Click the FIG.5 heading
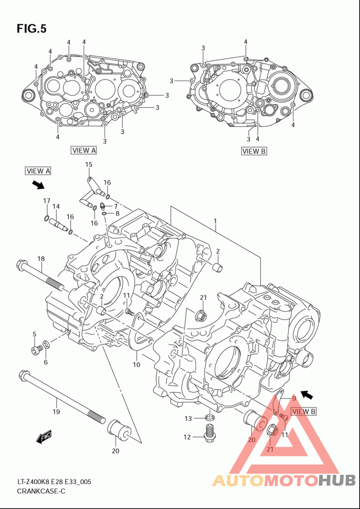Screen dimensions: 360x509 click(x=31, y=29)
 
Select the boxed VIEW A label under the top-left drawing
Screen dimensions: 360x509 click(x=84, y=150)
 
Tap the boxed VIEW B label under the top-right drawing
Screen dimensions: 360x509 click(x=254, y=151)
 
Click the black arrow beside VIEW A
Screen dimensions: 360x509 click(x=38, y=185)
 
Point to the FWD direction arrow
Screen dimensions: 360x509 click(x=44, y=437)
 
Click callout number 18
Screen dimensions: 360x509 click(x=41, y=259)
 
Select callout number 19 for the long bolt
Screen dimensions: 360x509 click(x=56, y=412)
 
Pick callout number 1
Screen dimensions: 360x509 click(x=215, y=221)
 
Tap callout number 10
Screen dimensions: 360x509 click(x=136, y=365)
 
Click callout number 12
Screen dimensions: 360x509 click(x=187, y=437)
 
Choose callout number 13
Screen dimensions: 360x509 click(x=189, y=419)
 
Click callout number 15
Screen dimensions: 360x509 click(x=89, y=165)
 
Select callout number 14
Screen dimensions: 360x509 click(x=56, y=206)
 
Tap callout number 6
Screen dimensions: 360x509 click(x=46, y=362)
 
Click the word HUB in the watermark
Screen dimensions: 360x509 click(x=337, y=480)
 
